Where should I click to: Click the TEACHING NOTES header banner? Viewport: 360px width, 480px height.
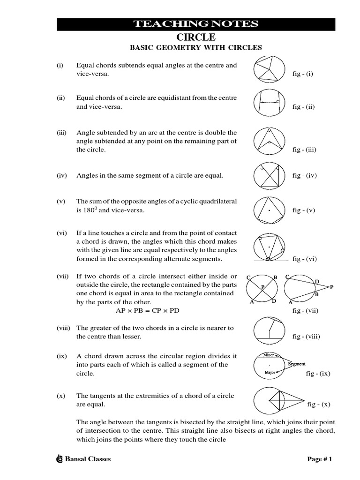tap(196, 24)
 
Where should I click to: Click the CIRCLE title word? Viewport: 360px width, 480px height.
tap(195, 37)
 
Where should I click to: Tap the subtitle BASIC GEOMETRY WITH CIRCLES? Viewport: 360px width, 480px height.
tap(195, 48)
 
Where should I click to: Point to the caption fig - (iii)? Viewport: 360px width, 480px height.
tap(304, 150)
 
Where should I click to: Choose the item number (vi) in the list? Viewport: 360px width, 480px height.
tap(62, 233)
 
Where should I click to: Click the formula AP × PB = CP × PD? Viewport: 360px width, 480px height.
tap(148, 310)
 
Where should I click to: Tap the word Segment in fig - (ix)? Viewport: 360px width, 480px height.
tap(297, 364)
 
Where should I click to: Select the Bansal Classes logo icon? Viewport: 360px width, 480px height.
tap(59, 459)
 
